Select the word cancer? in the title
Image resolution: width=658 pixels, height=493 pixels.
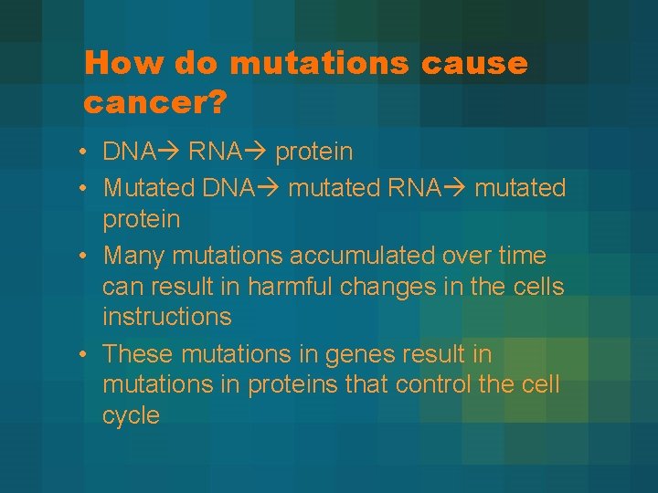(x=154, y=102)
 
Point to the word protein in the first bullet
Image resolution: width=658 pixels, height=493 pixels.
(x=313, y=152)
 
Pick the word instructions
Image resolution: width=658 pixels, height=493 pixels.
(x=167, y=318)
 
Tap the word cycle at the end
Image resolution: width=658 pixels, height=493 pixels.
(x=131, y=416)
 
